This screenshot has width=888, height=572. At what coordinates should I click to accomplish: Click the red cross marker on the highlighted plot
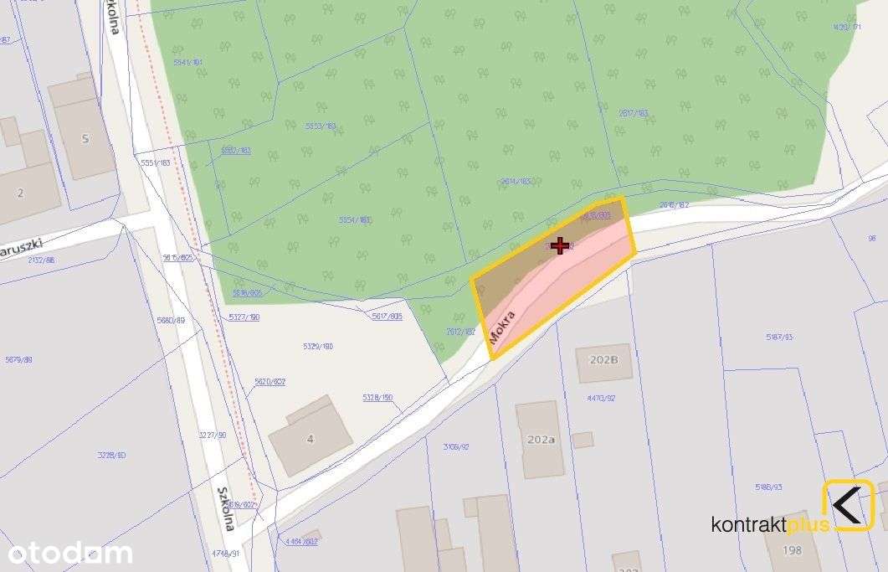[560, 245]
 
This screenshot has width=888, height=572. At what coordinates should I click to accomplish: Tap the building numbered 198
[791, 550]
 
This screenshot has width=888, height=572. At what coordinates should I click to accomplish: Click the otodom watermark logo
[70, 553]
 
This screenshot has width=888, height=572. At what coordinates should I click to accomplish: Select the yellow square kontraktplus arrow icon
[848, 505]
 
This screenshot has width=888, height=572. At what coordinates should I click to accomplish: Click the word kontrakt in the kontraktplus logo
[749, 525]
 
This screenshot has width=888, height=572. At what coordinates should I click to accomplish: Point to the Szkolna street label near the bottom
[224, 509]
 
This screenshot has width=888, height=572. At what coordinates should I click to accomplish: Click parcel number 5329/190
[318, 346]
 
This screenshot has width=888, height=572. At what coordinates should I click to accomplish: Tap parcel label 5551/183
[156, 162]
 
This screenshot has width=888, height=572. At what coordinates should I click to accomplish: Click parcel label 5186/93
[767, 487]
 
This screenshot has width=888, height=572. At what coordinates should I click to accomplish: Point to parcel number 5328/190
[377, 398]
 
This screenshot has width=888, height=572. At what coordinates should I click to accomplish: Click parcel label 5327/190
[244, 317]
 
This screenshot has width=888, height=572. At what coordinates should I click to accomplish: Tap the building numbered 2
[21, 193]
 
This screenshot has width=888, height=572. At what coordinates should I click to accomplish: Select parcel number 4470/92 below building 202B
[600, 399]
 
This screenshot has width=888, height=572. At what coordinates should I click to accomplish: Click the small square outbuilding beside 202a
[583, 440]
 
